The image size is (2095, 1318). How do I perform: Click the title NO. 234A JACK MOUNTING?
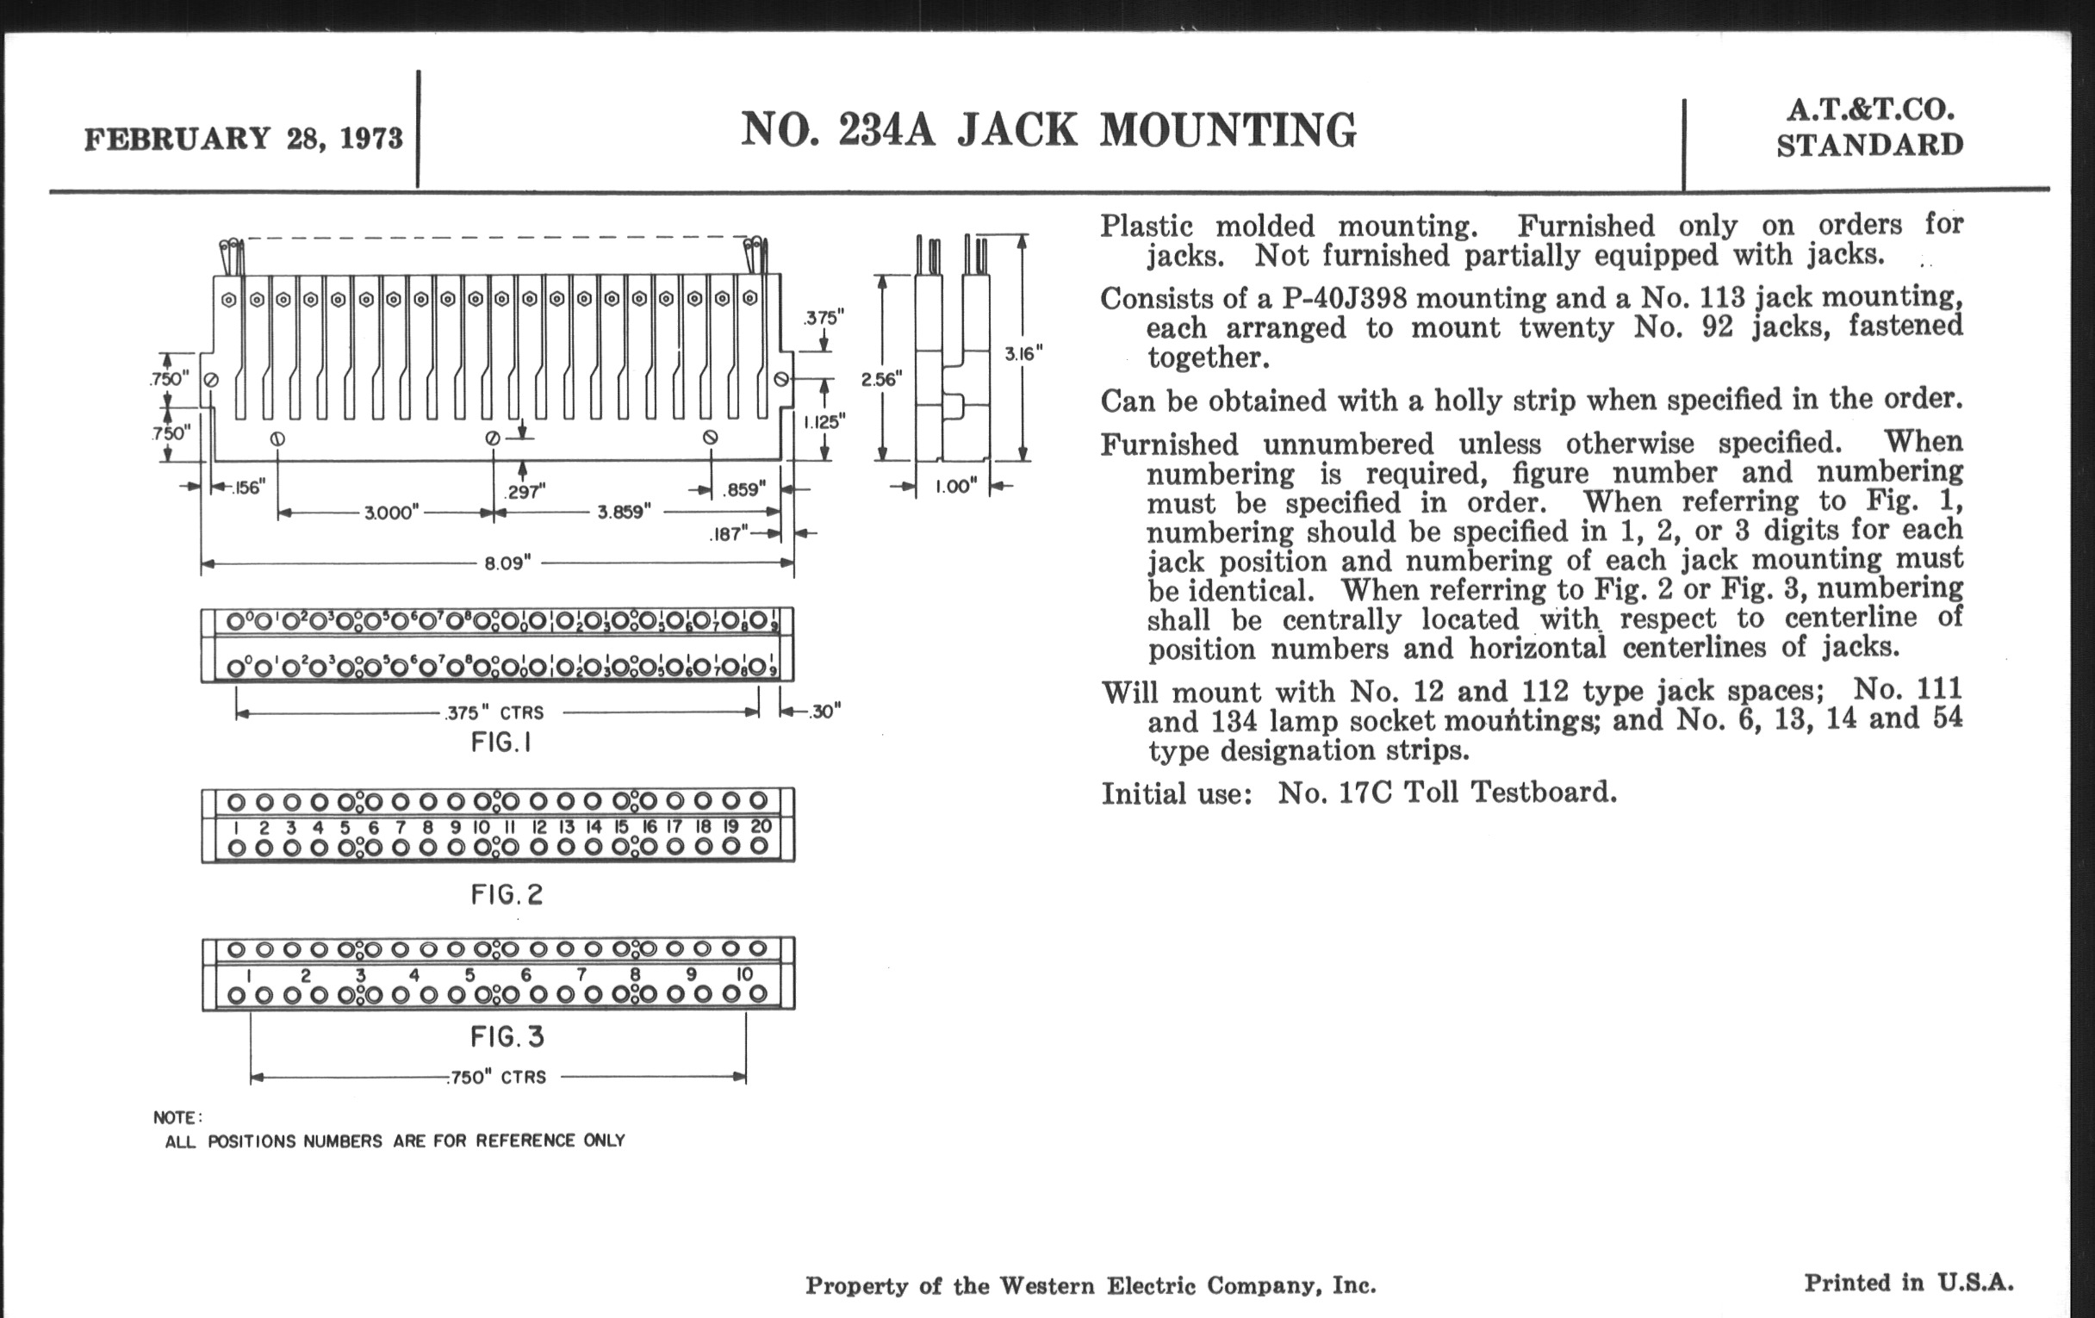(1048, 130)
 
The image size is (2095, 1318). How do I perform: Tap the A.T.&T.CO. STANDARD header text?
(1869, 127)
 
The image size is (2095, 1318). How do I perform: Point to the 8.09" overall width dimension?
(508, 563)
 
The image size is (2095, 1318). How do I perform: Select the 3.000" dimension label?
(391, 513)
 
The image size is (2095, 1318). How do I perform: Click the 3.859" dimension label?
(624, 513)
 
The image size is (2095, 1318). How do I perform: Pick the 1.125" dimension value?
(823, 423)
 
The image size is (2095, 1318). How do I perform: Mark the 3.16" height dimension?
(1023, 353)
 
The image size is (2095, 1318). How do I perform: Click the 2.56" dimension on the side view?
(881, 379)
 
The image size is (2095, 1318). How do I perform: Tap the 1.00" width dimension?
(955, 487)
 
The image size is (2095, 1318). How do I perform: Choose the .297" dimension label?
(525, 493)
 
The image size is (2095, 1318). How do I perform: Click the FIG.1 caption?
(502, 743)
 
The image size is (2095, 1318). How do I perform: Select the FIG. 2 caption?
(507, 894)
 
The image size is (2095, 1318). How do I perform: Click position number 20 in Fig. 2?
(761, 826)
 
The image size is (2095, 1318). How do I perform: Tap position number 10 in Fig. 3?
(745, 975)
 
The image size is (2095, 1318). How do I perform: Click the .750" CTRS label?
(498, 1078)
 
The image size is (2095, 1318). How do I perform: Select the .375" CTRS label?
(494, 713)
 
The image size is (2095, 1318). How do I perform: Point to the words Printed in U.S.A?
(1909, 1284)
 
